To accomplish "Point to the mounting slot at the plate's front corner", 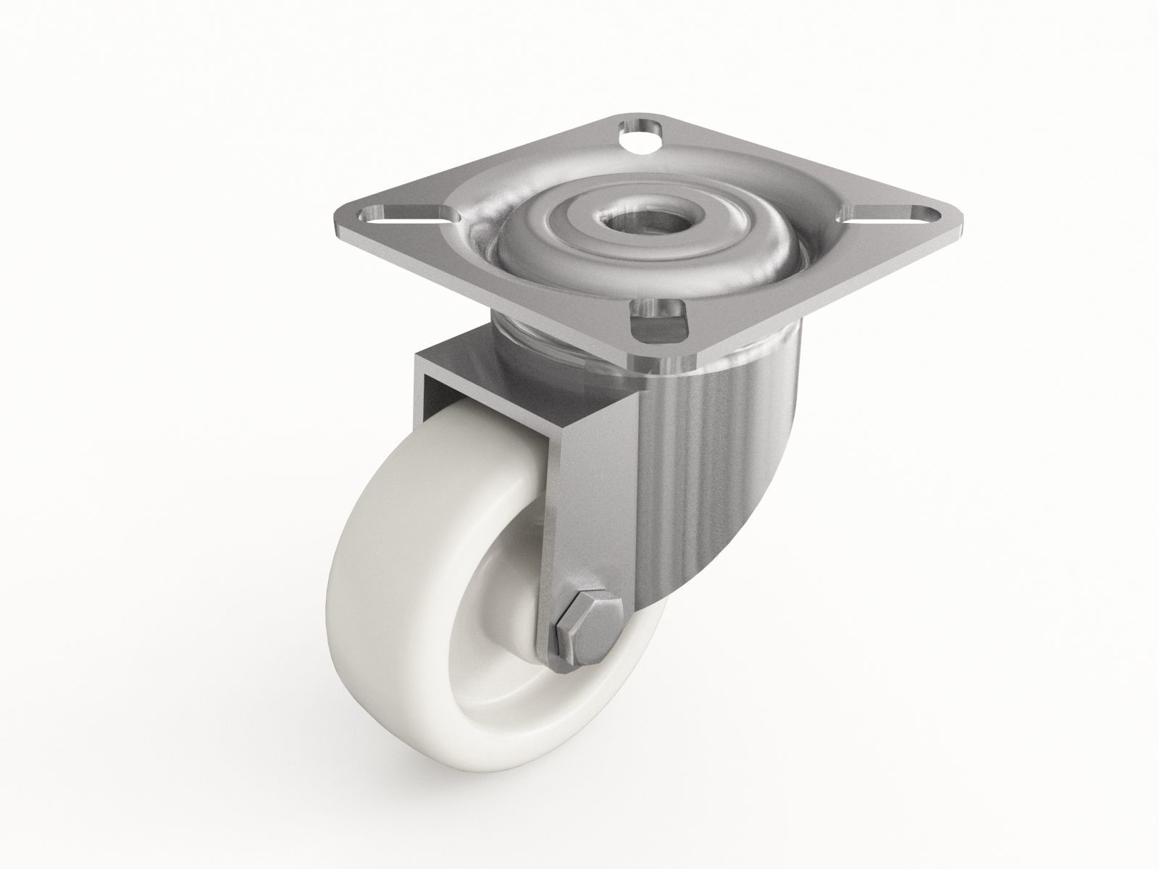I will [x=659, y=323].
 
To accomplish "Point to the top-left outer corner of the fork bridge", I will [x=417, y=356].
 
